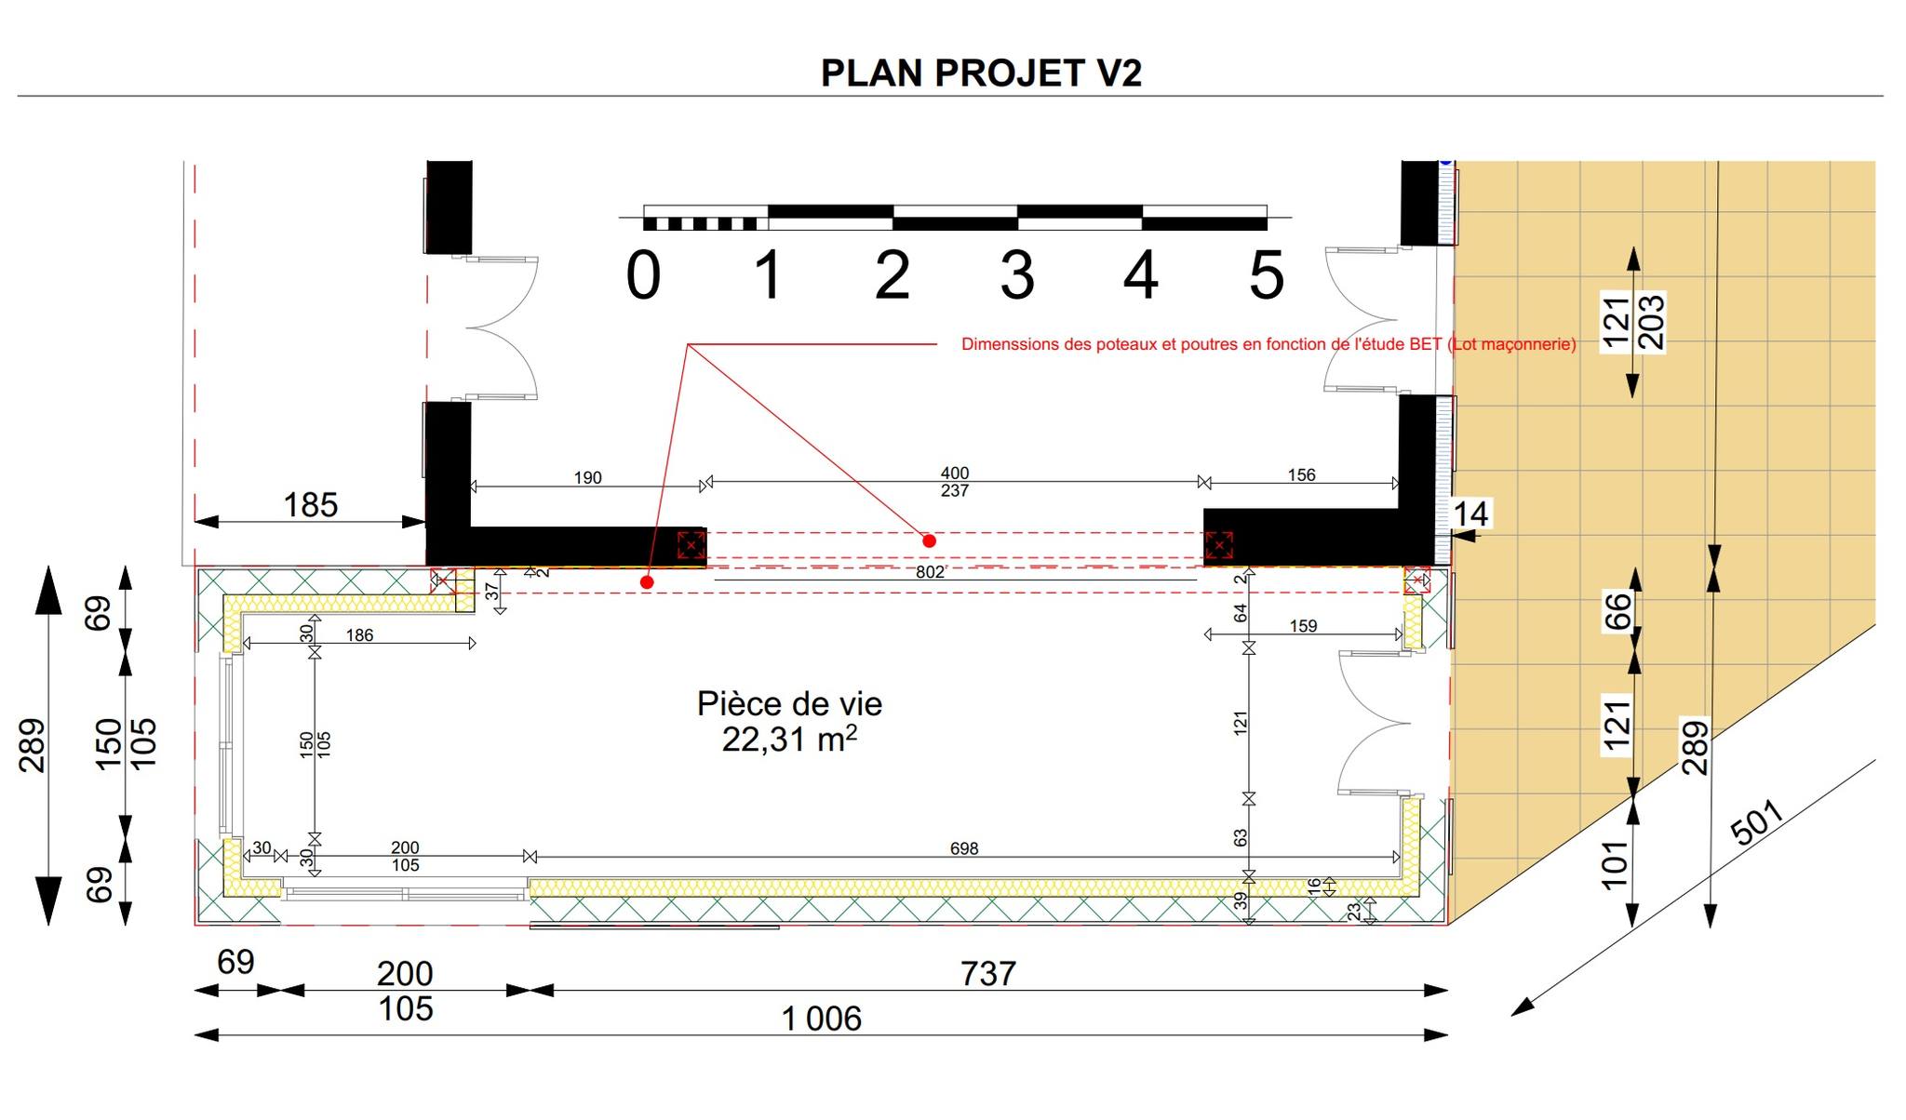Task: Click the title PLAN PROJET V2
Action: pos(981,73)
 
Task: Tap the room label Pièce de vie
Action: pos(789,703)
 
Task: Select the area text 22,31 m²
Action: pos(789,740)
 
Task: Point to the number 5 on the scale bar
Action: pos(1266,276)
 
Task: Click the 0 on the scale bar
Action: pos(643,276)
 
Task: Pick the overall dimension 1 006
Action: pos(822,1019)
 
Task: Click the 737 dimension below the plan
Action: pos(987,974)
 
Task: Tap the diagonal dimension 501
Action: pos(1758,822)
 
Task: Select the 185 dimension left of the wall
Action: pos(310,505)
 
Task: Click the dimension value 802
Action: pos(930,572)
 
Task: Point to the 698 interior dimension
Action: pos(964,848)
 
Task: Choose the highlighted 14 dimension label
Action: pos(1470,513)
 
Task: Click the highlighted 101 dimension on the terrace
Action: pos(1617,865)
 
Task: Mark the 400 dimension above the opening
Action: pos(955,473)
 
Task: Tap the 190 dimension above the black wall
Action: pos(587,477)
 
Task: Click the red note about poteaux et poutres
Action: pos(1268,344)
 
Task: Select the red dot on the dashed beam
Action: pos(929,540)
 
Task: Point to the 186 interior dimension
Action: pos(359,635)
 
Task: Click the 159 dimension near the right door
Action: pos(1303,626)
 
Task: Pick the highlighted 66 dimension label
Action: pos(1618,611)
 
